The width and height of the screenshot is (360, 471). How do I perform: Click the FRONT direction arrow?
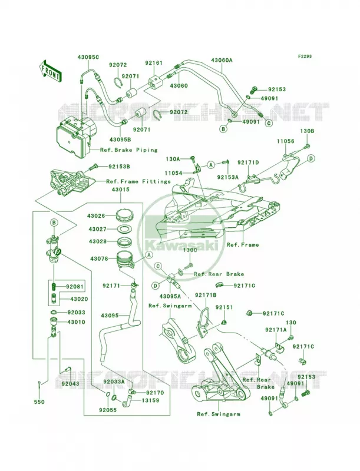(x=51, y=71)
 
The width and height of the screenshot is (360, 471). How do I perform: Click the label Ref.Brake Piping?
(x=129, y=150)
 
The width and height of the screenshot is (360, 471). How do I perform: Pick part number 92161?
(x=154, y=63)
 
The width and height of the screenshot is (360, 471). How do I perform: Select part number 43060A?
(x=222, y=60)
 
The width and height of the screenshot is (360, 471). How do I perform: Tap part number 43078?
(x=99, y=258)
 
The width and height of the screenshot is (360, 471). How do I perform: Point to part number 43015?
(x=121, y=190)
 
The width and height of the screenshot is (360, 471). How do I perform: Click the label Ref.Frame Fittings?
(x=138, y=181)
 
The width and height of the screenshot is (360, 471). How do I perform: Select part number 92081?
(x=76, y=286)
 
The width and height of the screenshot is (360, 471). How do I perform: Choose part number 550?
(x=40, y=402)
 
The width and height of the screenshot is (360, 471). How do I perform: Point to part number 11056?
(x=286, y=141)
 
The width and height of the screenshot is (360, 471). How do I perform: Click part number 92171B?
(x=206, y=296)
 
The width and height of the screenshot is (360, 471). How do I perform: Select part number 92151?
(x=224, y=308)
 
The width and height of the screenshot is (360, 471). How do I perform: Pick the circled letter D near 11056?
(x=311, y=158)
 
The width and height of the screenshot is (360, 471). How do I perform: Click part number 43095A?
(x=170, y=297)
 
